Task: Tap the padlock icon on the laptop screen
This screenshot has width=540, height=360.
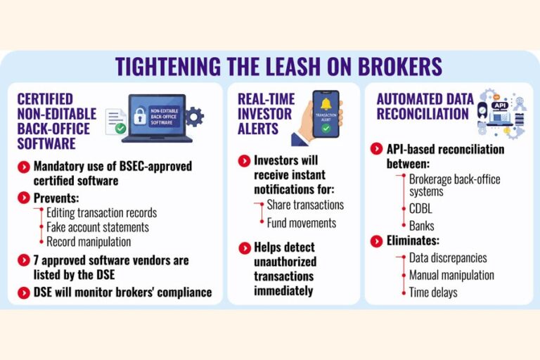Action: point(140,116)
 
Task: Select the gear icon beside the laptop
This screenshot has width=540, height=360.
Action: point(195,117)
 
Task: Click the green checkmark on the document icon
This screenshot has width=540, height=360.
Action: point(120,129)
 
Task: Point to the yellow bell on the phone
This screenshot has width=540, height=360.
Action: point(326,104)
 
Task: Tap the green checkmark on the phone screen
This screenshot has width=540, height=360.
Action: point(326,129)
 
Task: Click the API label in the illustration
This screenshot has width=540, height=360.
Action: point(499,105)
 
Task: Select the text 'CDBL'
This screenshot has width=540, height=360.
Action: point(420,209)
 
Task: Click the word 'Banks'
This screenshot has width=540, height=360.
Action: point(422,226)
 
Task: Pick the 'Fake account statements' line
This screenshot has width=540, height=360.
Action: point(98,227)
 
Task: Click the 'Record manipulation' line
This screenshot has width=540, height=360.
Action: point(89,242)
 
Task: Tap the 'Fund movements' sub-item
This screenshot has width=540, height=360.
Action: point(302,223)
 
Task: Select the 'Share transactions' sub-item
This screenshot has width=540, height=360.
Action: point(305,205)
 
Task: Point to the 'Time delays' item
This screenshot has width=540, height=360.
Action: point(433,292)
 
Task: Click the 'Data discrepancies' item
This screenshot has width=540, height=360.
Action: point(448,257)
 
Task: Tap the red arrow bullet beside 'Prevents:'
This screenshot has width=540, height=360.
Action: point(24,198)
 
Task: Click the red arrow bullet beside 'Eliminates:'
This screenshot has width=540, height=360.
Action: point(376,240)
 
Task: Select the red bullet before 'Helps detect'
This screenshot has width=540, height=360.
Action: point(245,248)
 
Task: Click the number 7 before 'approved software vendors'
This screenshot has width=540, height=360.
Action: point(36,260)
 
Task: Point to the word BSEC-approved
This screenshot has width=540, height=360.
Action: point(155,167)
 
